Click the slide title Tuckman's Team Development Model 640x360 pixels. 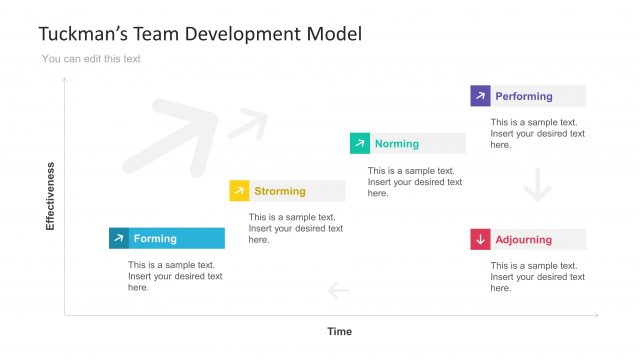(200, 33)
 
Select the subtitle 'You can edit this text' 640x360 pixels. (91, 59)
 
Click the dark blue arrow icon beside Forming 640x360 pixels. (119, 238)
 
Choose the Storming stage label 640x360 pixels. (280, 191)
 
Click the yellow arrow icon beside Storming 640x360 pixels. (239, 191)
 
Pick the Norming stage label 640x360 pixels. (397, 144)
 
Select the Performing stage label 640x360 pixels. (524, 96)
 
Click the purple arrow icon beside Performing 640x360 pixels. (481, 96)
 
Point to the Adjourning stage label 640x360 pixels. (523, 240)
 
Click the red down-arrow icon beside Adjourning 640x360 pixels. (481, 240)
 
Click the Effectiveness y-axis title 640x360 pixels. (50, 196)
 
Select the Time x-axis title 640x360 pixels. (339, 331)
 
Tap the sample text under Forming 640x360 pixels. (175, 276)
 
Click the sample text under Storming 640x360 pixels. (296, 228)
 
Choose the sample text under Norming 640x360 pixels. (415, 181)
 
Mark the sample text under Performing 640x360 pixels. (537, 133)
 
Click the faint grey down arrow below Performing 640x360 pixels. (538, 186)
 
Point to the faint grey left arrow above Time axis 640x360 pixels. (339, 291)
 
